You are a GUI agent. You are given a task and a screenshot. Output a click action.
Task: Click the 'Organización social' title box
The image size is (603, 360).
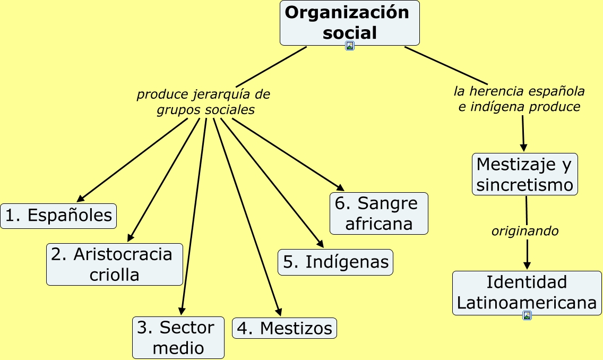click(x=349, y=22)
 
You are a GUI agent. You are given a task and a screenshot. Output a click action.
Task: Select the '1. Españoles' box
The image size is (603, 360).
click(x=58, y=216)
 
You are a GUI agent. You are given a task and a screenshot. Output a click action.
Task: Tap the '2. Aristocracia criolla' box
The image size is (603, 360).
click(x=114, y=264)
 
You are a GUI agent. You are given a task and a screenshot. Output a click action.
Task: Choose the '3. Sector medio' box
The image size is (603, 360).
click(x=178, y=337)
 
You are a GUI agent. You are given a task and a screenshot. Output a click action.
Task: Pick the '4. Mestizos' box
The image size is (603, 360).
click(x=285, y=328)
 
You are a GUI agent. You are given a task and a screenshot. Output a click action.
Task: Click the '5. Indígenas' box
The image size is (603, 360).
click(x=335, y=262)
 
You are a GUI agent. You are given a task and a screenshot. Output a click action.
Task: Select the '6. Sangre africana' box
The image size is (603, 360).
click(x=378, y=213)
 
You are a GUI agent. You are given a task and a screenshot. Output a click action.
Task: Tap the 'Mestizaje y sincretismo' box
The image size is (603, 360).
click(x=524, y=174)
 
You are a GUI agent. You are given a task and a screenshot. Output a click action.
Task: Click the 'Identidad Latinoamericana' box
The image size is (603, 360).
click(x=527, y=293)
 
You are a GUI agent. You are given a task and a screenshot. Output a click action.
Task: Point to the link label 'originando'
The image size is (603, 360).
click(x=524, y=232)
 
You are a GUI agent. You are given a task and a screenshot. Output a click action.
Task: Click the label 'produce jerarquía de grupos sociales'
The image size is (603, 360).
click(x=204, y=102)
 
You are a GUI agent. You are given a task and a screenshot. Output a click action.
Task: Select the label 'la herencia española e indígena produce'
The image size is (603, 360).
click(x=519, y=99)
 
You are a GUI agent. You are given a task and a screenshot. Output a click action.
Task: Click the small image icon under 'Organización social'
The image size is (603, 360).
click(x=349, y=46)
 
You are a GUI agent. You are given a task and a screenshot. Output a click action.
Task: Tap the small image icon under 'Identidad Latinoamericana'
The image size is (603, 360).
click(x=527, y=315)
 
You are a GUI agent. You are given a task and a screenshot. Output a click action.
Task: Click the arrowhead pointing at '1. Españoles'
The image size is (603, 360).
click(x=81, y=200)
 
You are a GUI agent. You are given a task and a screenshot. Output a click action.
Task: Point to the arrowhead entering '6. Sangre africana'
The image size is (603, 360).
click(x=341, y=188)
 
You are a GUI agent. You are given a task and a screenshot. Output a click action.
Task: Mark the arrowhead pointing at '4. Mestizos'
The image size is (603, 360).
click(x=278, y=313)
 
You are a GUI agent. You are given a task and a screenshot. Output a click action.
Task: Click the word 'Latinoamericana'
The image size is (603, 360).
click(x=527, y=303)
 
